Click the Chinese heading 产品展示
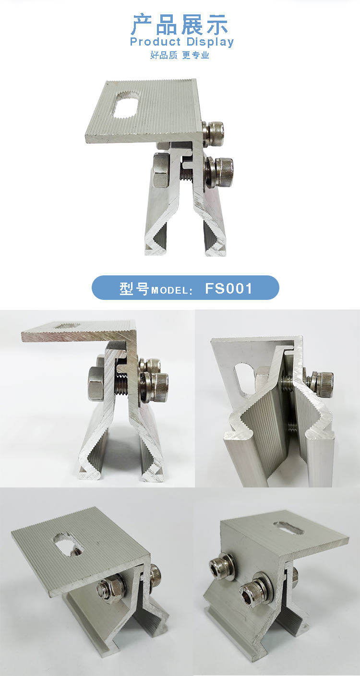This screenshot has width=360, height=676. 180,24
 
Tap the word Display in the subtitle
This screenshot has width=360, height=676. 210,42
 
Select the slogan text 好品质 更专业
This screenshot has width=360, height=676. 180,55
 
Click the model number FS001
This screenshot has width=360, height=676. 228,288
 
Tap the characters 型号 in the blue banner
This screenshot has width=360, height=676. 134,288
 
